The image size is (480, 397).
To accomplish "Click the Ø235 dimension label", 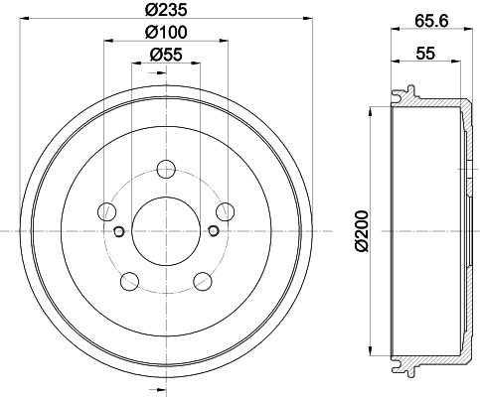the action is click(x=166, y=10).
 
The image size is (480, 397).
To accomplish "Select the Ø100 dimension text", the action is click(x=166, y=32).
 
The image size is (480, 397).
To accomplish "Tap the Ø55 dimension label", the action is click(x=166, y=55).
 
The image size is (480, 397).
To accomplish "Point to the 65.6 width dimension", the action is click(x=431, y=22).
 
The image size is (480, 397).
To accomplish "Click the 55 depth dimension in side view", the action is click(x=425, y=54).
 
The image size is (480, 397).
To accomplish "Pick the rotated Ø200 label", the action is click(x=362, y=231).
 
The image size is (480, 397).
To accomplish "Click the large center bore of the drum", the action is click(x=166, y=231).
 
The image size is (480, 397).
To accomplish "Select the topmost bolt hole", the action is click(x=166, y=169).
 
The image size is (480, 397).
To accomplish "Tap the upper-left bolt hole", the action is click(x=107, y=211).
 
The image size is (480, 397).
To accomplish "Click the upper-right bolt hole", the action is click(x=225, y=211).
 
